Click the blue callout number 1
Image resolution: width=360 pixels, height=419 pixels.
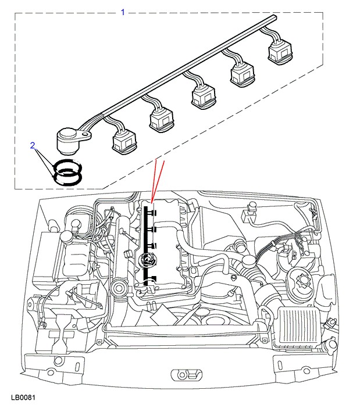click(123, 12)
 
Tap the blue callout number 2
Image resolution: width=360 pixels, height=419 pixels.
click(33, 145)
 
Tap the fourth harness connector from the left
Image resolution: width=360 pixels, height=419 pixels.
click(243, 74)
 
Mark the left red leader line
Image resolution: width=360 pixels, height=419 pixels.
click(153, 180)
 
